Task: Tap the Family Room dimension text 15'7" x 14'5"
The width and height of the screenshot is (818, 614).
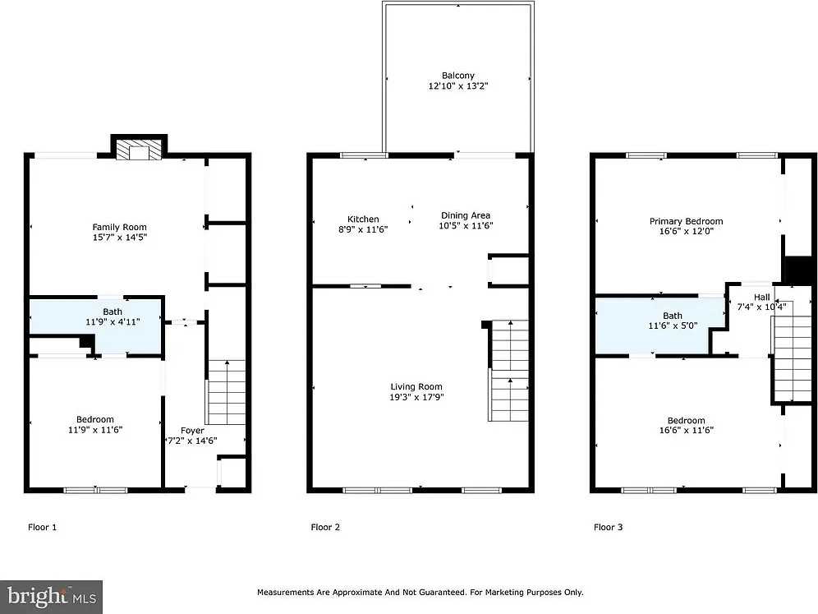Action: pyautogui.click(x=119, y=237)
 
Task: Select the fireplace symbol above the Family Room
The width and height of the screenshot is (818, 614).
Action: pyautogui.click(x=138, y=149)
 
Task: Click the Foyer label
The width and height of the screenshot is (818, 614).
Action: pyautogui.click(x=193, y=430)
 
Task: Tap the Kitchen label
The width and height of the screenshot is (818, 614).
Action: pyautogui.click(x=363, y=219)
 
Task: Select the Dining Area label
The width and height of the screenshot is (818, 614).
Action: pyautogui.click(x=466, y=215)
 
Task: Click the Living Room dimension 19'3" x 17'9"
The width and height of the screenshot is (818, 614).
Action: pyautogui.click(x=416, y=396)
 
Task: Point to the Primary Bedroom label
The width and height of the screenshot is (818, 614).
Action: pyautogui.click(x=686, y=221)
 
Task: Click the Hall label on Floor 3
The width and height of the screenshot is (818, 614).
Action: pyautogui.click(x=762, y=298)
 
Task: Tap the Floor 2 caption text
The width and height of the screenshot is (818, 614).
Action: pyautogui.click(x=325, y=527)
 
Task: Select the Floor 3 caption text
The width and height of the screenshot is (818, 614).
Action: pyautogui.click(x=609, y=527)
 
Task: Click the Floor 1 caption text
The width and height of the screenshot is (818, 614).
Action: pyautogui.click(x=43, y=527)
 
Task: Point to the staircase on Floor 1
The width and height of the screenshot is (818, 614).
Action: pyautogui.click(x=226, y=391)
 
